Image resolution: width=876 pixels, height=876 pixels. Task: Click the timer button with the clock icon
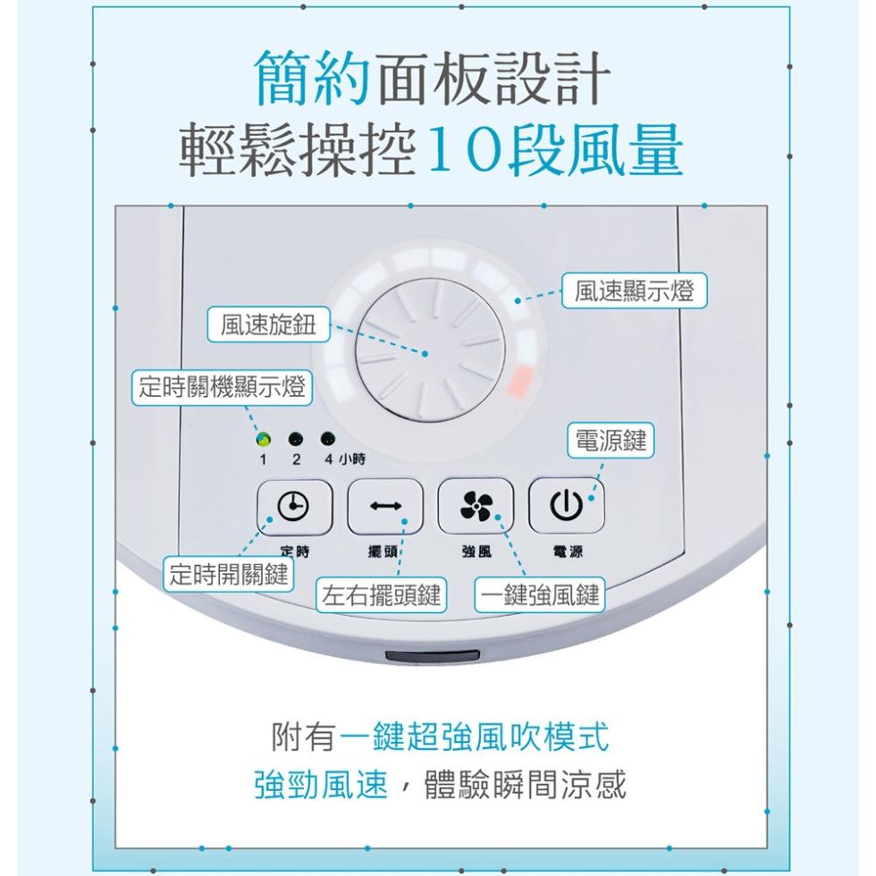[294, 507]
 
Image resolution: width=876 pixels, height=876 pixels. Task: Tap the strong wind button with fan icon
[476, 506]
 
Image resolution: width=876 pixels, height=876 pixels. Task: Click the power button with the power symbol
[566, 505]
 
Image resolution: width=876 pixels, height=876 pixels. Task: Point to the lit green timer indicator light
[263, 439]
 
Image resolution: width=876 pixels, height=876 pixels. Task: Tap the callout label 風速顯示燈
[634, 291]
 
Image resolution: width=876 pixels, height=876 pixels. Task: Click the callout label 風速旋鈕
[268, 324]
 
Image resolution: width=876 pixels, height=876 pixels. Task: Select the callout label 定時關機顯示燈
[222, 386]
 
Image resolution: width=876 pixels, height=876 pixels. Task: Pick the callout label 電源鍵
[611, 441]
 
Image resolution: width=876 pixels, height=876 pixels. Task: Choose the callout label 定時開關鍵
[229, 574]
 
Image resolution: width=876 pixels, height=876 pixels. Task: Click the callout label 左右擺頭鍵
[381, 595]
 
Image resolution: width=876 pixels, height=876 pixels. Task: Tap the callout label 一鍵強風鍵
[540, 595]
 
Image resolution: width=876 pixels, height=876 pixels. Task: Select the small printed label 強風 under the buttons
[476, 552]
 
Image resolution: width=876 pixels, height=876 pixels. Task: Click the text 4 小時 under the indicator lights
[345, 459]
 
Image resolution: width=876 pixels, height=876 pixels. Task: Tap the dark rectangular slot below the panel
[433, 656]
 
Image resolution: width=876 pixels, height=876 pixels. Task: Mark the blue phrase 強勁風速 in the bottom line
[321, 784]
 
